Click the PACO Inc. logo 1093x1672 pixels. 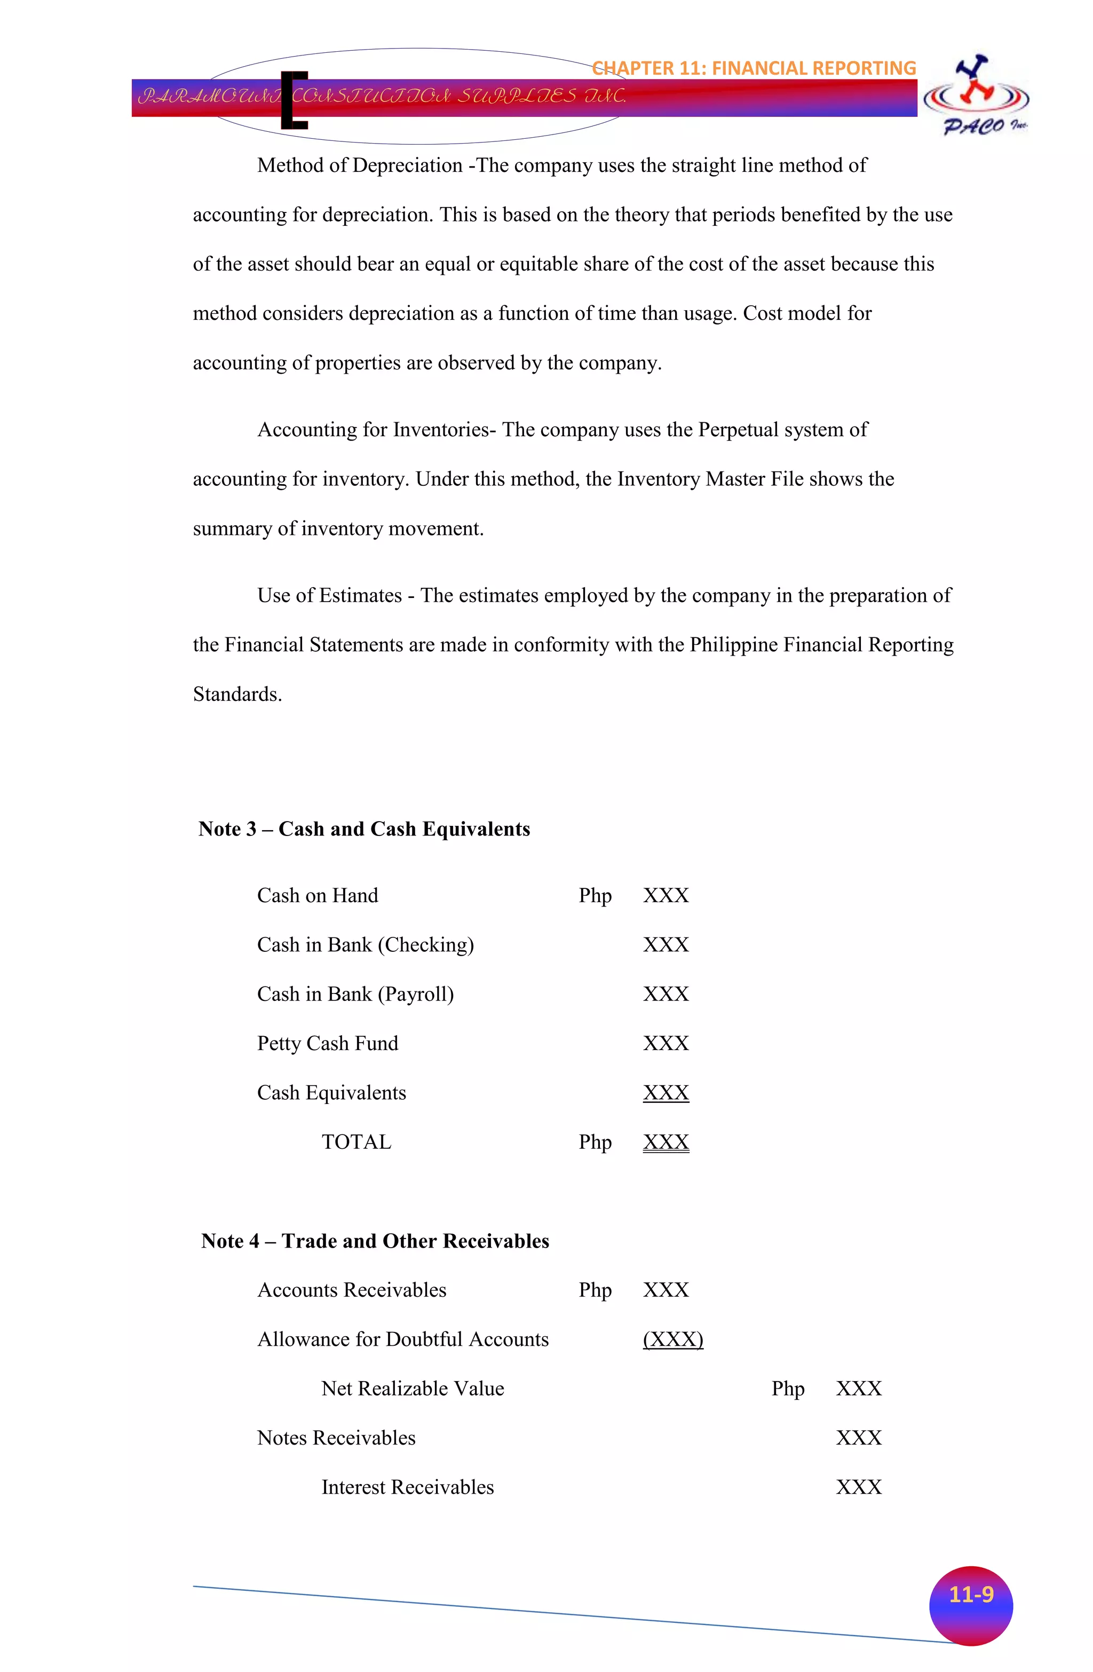tap(977, 96)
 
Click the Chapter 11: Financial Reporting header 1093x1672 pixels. tap(754, 68)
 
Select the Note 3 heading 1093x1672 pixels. tap(364, 829)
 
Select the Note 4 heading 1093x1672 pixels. tap(375, 1241)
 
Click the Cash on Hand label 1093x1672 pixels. tap(318, 896)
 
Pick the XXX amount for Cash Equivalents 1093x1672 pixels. tap(666, 1093)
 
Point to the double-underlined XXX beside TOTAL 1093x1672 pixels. tap(666, 1142)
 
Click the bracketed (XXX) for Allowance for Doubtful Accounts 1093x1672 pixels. tap(673, 1340)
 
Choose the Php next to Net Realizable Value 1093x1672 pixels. tap(787, 1389)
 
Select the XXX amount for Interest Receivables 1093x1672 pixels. tap(858, 1487)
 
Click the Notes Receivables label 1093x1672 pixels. tap(336, 1438)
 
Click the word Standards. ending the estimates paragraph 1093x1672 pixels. tap(237, 694)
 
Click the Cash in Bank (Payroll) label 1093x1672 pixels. tap(355, 995)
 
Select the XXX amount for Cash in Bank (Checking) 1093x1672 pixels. tap(666, 945)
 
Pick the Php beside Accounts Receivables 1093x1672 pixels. tap(595, 1290)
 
